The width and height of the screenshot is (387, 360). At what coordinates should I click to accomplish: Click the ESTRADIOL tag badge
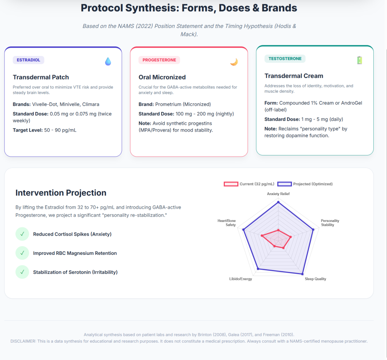point(28,60)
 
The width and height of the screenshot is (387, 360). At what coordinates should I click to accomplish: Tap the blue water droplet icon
point(108,61)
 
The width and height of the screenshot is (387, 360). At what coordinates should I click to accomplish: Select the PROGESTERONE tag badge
point(159,60)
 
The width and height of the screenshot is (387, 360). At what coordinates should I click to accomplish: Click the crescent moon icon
point(234,62)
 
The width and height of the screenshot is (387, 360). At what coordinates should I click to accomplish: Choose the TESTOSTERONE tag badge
point(285,59)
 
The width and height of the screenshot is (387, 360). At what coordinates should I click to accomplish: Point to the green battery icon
point(360,60)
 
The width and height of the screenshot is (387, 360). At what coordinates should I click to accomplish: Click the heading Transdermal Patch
point(41,77)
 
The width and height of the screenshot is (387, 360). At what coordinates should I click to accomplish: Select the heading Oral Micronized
point(162,77)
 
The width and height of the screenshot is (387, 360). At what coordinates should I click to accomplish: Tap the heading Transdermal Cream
point(294,76)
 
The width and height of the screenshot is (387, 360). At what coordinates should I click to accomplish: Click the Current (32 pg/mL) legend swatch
point(231,184)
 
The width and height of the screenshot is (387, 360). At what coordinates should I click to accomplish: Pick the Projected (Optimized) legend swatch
point(285,184)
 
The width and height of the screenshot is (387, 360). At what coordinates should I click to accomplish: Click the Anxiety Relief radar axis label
point(278,194)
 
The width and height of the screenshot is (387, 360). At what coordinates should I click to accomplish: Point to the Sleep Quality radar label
point(316,279)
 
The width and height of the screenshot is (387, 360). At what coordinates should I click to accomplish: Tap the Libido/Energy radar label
point(241,279)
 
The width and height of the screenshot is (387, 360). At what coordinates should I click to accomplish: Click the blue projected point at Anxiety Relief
point(279,202)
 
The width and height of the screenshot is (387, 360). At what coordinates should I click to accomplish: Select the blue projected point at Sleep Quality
point(302,274)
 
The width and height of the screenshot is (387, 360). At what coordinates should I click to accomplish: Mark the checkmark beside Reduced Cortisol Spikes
point(22,234)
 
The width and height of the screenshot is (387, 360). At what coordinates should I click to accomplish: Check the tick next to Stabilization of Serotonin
point(22,272)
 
